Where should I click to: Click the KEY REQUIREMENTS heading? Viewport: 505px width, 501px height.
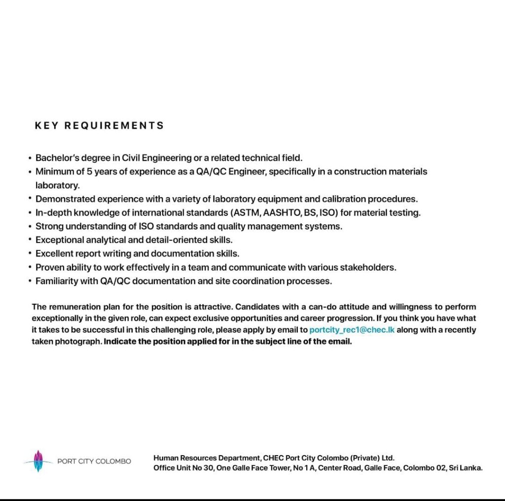99,125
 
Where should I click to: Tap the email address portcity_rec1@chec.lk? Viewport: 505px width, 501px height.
352,330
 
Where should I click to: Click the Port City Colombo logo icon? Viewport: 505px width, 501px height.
38,461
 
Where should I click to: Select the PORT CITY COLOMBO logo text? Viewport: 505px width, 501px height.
94,462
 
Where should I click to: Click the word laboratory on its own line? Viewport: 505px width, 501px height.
57,185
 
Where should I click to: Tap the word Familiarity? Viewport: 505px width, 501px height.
56,281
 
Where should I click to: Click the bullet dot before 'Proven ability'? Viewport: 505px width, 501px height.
30,267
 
